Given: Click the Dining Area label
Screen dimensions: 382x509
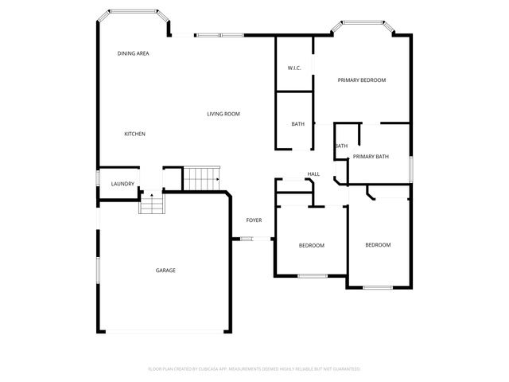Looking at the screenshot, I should pyautogui.click(x=133, y=53).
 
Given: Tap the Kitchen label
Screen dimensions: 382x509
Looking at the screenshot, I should pyautogui.click(x=134, y=134).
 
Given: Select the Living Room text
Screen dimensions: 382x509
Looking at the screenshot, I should pyautogui.click(x=223, y=114).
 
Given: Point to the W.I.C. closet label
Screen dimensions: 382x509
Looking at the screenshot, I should pyautogui.click(x=293, y=68).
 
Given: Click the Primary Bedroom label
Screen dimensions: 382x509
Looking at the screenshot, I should pyautogui.click(x=361, y=80).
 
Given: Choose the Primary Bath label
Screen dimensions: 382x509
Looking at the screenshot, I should pyautogui.click(x=371, y=157).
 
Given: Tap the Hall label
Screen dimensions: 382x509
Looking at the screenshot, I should pyautogui.click(x=313, y=174).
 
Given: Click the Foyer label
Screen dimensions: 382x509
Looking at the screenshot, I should pyautogui.click(x=254, y=220).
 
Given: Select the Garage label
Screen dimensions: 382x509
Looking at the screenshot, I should pyautogui.click(x=165, y=271).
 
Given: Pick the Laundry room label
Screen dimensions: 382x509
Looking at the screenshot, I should pyautogui.click(x=122, y=184).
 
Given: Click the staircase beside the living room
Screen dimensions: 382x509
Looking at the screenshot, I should pyautogui.click(x=201, y=178).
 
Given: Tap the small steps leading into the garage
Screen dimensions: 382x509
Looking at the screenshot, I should pyautogui.click(x=150, y=205).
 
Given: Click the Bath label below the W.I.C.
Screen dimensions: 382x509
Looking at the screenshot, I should pyautogui.click(x=297, y=124).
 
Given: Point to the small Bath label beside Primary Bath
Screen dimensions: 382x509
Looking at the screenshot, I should pyautogui.click(x=341, y=146).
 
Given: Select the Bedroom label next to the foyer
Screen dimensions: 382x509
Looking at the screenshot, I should pyautogui.click(x=311, y=245).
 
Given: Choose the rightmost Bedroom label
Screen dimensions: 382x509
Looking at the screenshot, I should pyautogui.click(x=378, y=244).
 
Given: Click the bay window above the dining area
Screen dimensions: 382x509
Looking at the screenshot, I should pyautogui.click(x=132, y=12).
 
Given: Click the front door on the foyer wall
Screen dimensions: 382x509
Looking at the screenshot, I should pyautogui.click(x=246, y=239).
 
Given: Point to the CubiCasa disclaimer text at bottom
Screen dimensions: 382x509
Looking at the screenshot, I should pyautogui.click(x=254, y=369).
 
